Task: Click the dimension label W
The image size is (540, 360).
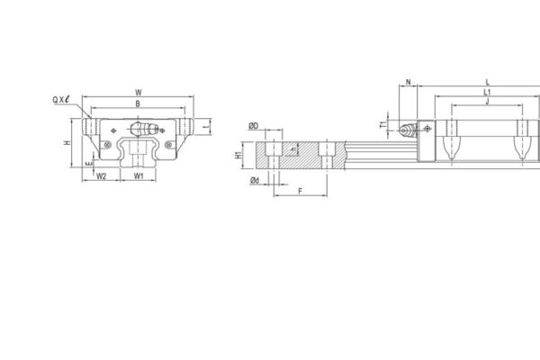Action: pyautogui.click(x=137, y=92)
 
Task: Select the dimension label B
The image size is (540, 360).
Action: pyautogui.click(x=137, y=104)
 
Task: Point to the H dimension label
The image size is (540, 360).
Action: pyautogui.click(x=68, y=143)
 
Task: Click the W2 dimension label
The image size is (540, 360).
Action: pyautogui.click(x=102, y=176)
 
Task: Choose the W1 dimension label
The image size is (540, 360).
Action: pyautogui.click(x=138, y=176)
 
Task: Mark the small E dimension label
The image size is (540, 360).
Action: pyautogui.click(x=86, y=164)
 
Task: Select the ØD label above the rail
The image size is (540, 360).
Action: pyautogui.click(x=254, y=126)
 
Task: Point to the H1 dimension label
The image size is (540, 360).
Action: pyautogui.click(x=238, y=155)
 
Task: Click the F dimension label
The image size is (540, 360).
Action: pyautogui.click(x=299, y=192)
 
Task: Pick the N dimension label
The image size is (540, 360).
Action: pyautogui.click(x=409, y=83)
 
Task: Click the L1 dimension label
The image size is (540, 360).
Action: pyautogui.click(x=486, y=92)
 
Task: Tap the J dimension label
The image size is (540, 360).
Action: pyautogui.click(x=486, y=102)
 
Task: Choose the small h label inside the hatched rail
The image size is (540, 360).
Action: pyautogui.click(x=294, y=148)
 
